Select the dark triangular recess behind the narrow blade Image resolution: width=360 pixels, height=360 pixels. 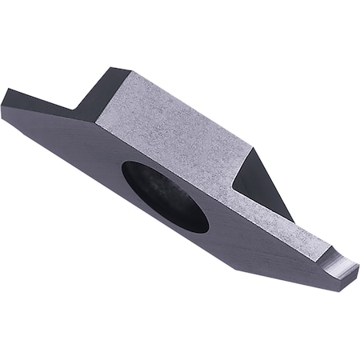click(254, 180)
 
